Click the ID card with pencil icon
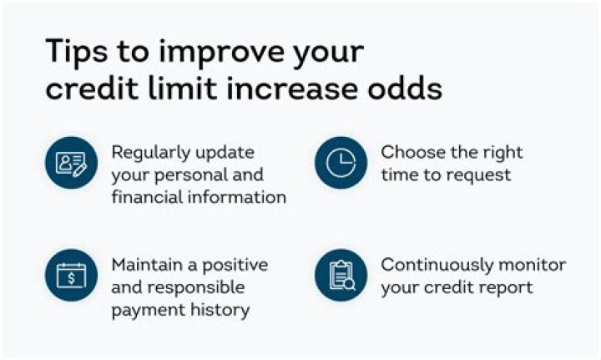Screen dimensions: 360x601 (71, 164)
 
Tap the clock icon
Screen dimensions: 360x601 (341, 164)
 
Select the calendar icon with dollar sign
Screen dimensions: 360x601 (71, 276)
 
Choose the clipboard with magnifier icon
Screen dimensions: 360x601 (341, 276)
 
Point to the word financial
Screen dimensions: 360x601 (149, 198)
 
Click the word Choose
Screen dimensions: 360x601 (411, 153)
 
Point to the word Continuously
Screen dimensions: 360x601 (440, 265)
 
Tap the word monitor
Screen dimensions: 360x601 (532, 265)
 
